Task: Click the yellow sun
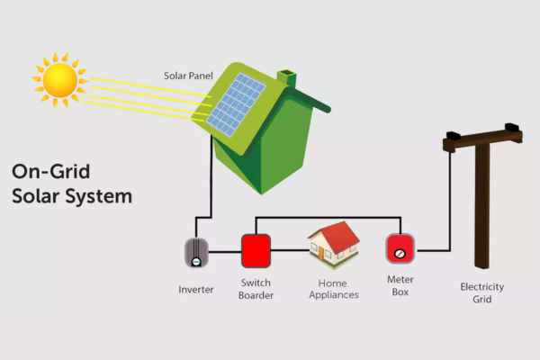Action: click(60, 79)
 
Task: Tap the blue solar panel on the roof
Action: click(236, 102)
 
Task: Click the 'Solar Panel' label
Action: click(187, 76)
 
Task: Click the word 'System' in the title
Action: click(100, 194)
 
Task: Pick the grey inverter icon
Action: click(195, 251)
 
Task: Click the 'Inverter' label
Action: click(195, 289)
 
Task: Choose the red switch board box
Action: click(255, 249)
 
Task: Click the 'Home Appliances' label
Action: click(334, 288)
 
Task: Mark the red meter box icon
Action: click(400, 248)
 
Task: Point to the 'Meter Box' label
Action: click(400, 286)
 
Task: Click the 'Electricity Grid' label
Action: click(481, 292)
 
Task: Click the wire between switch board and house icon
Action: click(289, 249)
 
